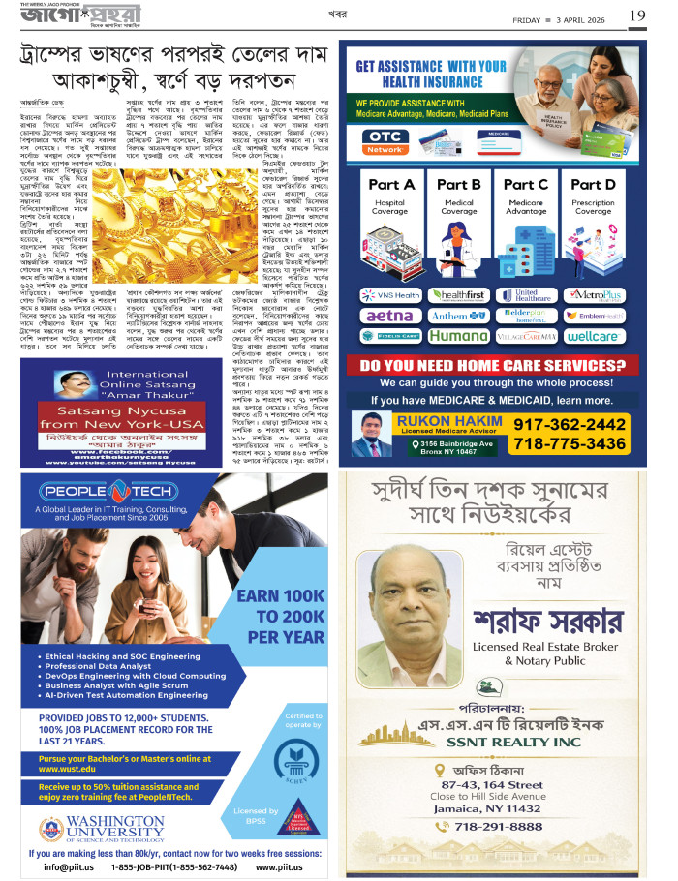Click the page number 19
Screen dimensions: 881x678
pos(637,15)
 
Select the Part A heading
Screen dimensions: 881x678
pos(391,184)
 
